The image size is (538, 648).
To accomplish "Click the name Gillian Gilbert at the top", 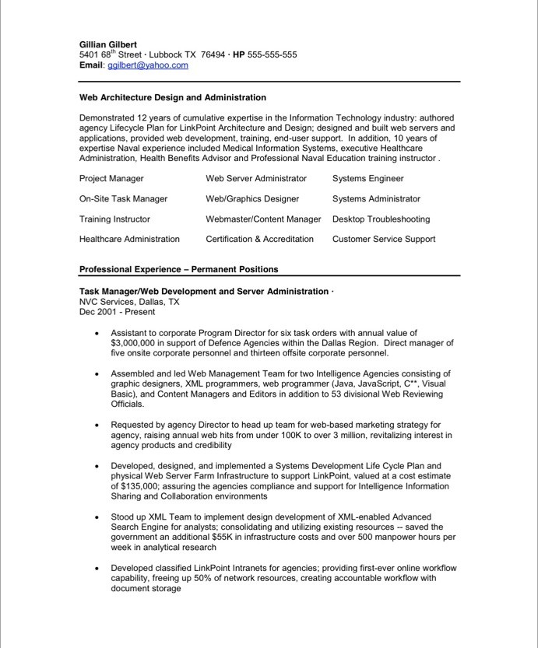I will click(x=108, y=45).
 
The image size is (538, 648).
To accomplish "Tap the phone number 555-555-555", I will click(x=272, y=55).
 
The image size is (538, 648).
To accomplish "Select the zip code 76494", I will click(x=213, y=55).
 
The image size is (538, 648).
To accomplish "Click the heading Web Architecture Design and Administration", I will click(x=173, y=98).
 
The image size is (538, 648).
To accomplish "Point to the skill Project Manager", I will click(x=111, y=178).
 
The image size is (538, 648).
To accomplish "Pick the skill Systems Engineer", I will click(x=368, y=178).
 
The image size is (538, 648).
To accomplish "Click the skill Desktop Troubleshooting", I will click(x=381, y=219).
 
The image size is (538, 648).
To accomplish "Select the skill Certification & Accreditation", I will click(x=259, y=239).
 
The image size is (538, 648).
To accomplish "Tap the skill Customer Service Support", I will click(x=384, y=239).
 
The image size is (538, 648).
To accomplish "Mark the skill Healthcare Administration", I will click(x=129, y=239).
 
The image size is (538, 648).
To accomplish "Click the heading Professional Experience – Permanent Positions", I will click(x=178, y=269).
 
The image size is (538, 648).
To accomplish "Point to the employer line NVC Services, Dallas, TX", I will click(x=129, y=302).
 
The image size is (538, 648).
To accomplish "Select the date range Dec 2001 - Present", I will click(x=117, y=312).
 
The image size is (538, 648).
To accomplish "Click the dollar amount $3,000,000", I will click(x=137, y=342).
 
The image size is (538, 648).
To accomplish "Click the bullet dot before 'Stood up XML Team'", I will click(x=96, y=517).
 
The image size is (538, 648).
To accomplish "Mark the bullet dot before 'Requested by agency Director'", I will click(x=96, y=426).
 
